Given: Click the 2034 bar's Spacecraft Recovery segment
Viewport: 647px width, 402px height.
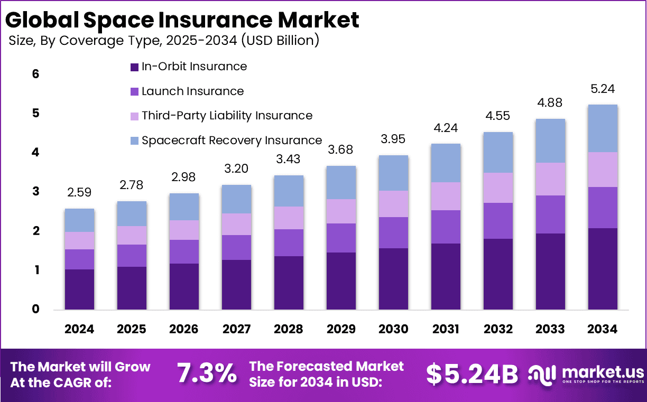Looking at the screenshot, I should tap(603, 128).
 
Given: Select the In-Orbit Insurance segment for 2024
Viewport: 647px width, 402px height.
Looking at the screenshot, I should tap(79, 289).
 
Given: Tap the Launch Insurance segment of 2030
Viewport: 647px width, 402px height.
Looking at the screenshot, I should tap(393, 232).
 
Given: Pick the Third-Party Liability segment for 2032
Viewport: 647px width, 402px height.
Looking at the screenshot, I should tap(498, 188).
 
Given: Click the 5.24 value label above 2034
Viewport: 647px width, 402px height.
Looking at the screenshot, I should tap(603, 89).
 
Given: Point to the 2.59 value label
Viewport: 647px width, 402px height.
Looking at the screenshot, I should tap(79, 193).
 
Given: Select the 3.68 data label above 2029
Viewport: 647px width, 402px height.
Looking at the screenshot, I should tap(341, 150).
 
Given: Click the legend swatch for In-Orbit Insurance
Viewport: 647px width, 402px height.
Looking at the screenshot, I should tap(134, 67).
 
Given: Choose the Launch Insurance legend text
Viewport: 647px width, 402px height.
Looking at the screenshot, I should tap(193, 91).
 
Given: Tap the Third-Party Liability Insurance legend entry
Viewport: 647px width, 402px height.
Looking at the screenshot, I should tap(227, 116).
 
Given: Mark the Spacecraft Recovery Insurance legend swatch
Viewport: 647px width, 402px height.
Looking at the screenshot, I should tap(134, 141).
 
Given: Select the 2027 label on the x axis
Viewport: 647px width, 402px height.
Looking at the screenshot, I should tap(236, 329).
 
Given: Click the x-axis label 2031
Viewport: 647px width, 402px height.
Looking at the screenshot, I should tap(446, 329).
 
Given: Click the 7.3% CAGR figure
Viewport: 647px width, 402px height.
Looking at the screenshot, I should tap(207, 374).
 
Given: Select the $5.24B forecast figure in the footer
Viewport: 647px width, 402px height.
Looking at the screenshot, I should tap(472, 374).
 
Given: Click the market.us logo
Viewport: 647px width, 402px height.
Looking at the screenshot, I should tap(587, 374).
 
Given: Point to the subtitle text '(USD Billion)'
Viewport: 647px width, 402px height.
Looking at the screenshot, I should tap(280, 41).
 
